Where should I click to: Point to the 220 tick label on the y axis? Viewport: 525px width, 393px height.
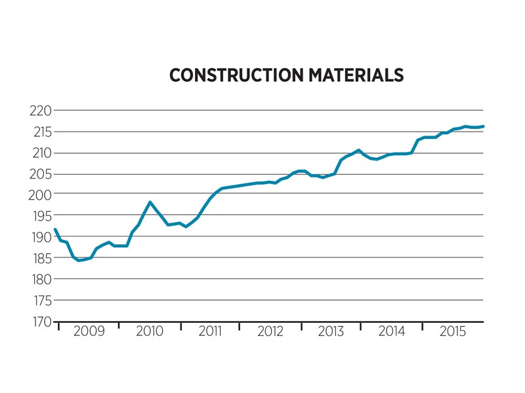click(x=39, y=111)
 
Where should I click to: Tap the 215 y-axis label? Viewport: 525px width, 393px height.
click(x=39, y=132)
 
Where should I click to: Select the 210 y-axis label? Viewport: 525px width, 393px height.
click(x=39, y=153)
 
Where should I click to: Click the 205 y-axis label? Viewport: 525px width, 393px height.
click(x=39, y=174)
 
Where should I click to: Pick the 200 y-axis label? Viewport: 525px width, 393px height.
click(x=39, y=195)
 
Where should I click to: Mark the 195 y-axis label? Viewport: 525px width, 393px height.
click(x=39, y=216)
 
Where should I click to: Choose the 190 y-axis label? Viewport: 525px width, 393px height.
click(x=39, y=237)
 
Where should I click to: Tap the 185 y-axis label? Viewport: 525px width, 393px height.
click(x=39, y=258)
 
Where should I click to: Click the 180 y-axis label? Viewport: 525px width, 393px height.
click(x=39, y=280)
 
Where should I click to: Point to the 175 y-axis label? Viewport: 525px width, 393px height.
click(x=39, y=301)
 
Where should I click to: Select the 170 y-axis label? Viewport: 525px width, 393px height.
click(x=39, y=322)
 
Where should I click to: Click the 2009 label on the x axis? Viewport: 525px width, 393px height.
click(x=89, y=331)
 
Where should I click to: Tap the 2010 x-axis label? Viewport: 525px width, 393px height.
click(x=150, y=331)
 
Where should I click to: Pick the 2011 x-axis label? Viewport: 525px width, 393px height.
click(x=210, y=331)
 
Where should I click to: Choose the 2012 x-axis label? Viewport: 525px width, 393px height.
click(x=270, y=331)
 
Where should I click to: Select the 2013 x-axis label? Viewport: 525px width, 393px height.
click(x=331, y=331)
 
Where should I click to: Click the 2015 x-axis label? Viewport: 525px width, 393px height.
click(x=453, y=331)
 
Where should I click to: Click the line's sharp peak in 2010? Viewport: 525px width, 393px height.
click(x=150, y=202)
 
